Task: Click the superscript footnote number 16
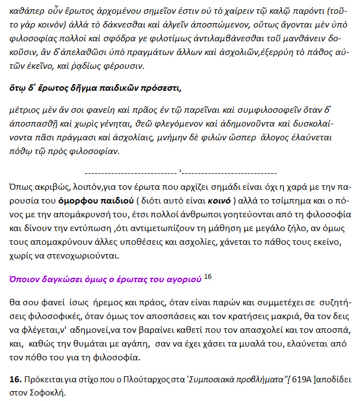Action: (208, 276)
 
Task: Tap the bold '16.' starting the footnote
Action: (16, 380)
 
